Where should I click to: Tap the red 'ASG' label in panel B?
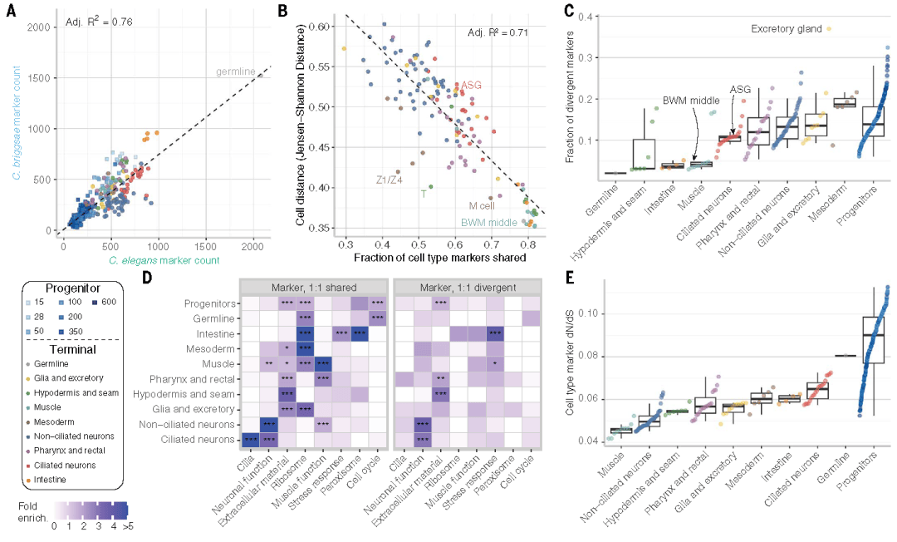click(x=472, y=86)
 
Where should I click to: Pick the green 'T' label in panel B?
click(x=424, y=193)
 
